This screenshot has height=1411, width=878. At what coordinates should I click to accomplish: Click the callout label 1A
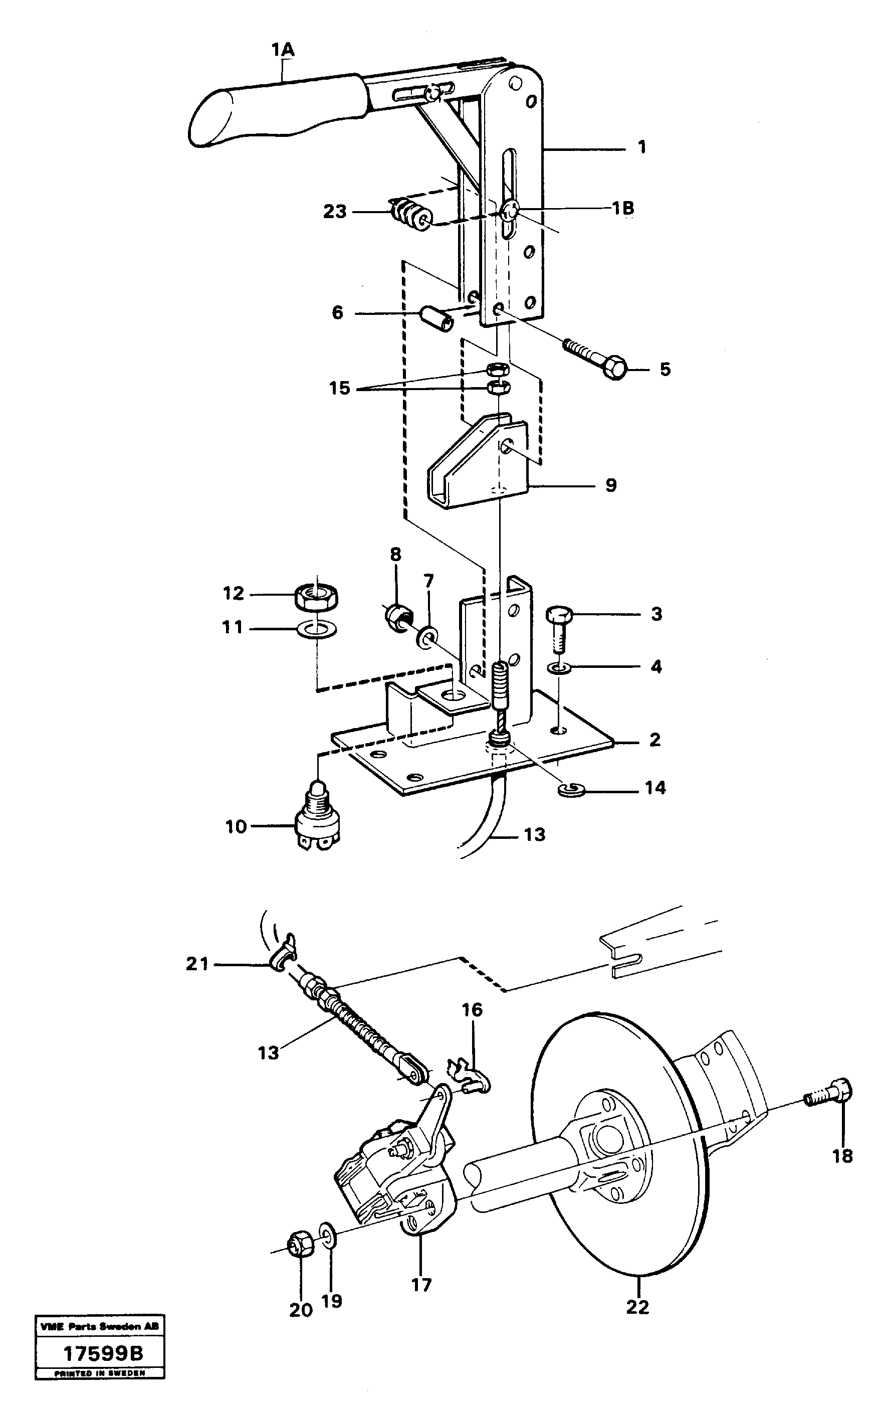tap(283, 51)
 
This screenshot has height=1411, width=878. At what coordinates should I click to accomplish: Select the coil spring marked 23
tap(410, 214)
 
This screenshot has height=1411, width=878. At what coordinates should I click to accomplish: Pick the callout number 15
tap(340, 388)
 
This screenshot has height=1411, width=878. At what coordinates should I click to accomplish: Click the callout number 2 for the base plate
tap(654, 740)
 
